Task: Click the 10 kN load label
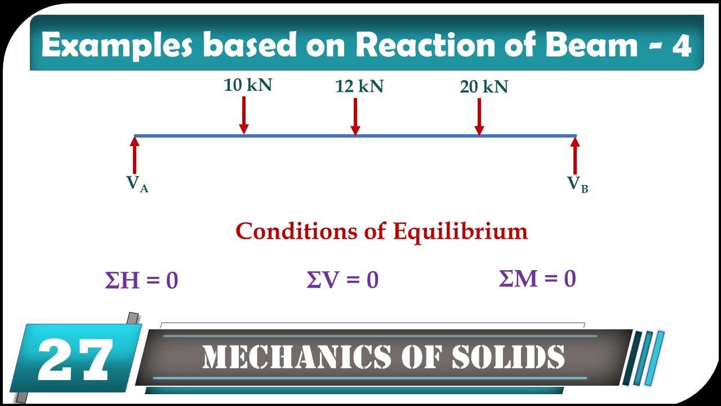(x=248, y=85)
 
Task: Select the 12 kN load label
(x=359, y=87)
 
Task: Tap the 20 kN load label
(x=484, y=87)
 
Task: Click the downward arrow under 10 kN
(x=243, y=115)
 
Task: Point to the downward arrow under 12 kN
(x=355, y=117)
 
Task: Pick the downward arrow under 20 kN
(x=479, y=117)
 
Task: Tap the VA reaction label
(x=137, y=184)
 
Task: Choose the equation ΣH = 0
(x=141, y=281)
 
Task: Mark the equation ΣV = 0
(x=342, y=280)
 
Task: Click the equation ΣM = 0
(x=537, y=279)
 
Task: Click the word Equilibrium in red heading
(x=460, y=232)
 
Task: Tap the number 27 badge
(x=75, y=359)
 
